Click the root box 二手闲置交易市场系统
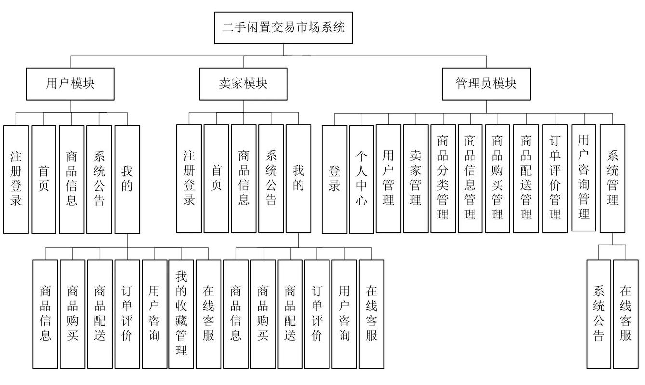(283, 27)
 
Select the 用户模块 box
(70, 84)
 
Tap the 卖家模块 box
(243, 84)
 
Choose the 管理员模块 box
(486, 84)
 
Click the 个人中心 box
(361, 179)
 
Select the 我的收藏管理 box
(181, 314)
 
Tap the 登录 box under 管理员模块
(334, 179)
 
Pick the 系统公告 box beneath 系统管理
(599, 314)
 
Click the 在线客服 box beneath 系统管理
(626, 314)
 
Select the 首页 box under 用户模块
(44, 179)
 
